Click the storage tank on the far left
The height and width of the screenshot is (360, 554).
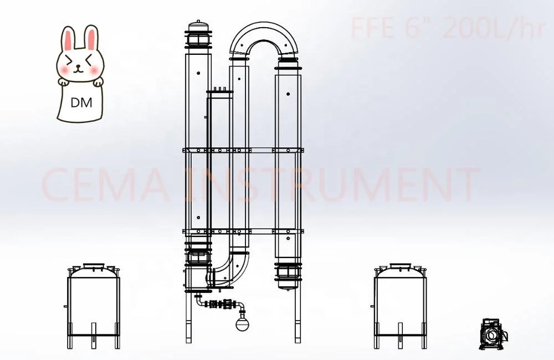click(x=93, y=305)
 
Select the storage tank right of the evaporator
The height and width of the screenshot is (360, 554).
click(x=401, y=305)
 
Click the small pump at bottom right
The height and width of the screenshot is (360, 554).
click(x=492, y=333)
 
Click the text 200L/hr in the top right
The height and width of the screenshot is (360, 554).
click(x=494, y=29)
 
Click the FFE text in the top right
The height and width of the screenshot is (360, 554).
click(x=373, y=29)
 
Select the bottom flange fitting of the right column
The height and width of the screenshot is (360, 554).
click(x=288, y=277)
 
